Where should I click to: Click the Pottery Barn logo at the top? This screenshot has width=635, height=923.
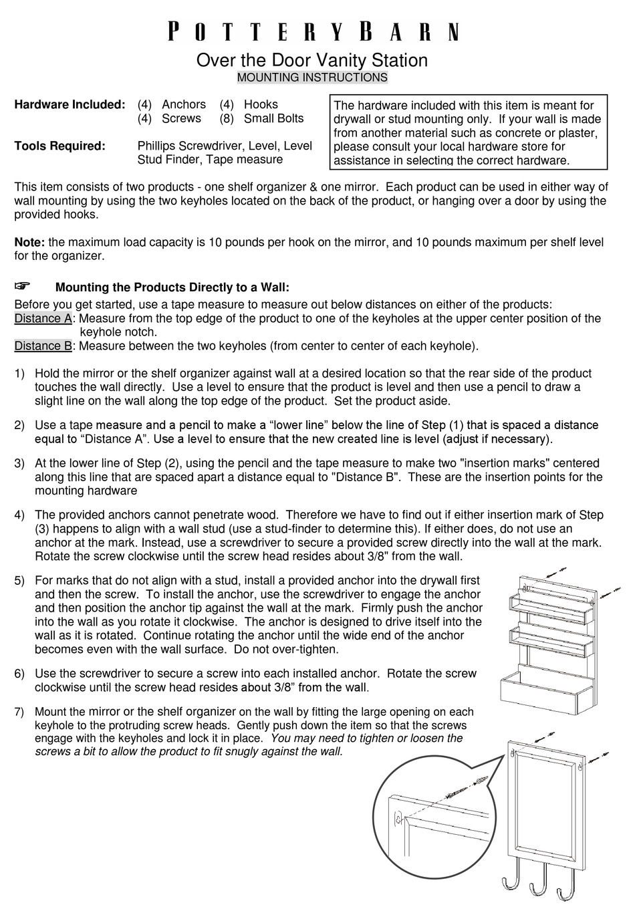coord(313,31)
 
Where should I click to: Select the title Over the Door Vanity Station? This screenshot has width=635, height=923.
coord(311,60)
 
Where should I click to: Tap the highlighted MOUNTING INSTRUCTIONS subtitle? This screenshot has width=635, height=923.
coord(312,78)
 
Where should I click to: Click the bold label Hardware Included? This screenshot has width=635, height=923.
coord(70,105)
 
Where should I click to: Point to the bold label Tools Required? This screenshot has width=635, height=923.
coord(59,146)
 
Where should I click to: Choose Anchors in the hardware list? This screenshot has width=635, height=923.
coord(184,105)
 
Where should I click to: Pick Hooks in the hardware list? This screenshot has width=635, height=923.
coord(261,105)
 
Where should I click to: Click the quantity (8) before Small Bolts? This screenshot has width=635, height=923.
coord(227,119)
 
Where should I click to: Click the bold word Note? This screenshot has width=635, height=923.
coord(29,243)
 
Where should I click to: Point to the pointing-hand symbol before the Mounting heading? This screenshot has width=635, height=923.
coord(23,287)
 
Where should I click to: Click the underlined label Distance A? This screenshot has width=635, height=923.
coord(43,319)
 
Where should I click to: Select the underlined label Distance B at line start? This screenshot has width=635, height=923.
coord(43,346)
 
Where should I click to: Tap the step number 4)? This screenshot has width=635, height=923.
coord(19,515)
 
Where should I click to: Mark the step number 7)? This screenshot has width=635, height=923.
coord(19,712)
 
